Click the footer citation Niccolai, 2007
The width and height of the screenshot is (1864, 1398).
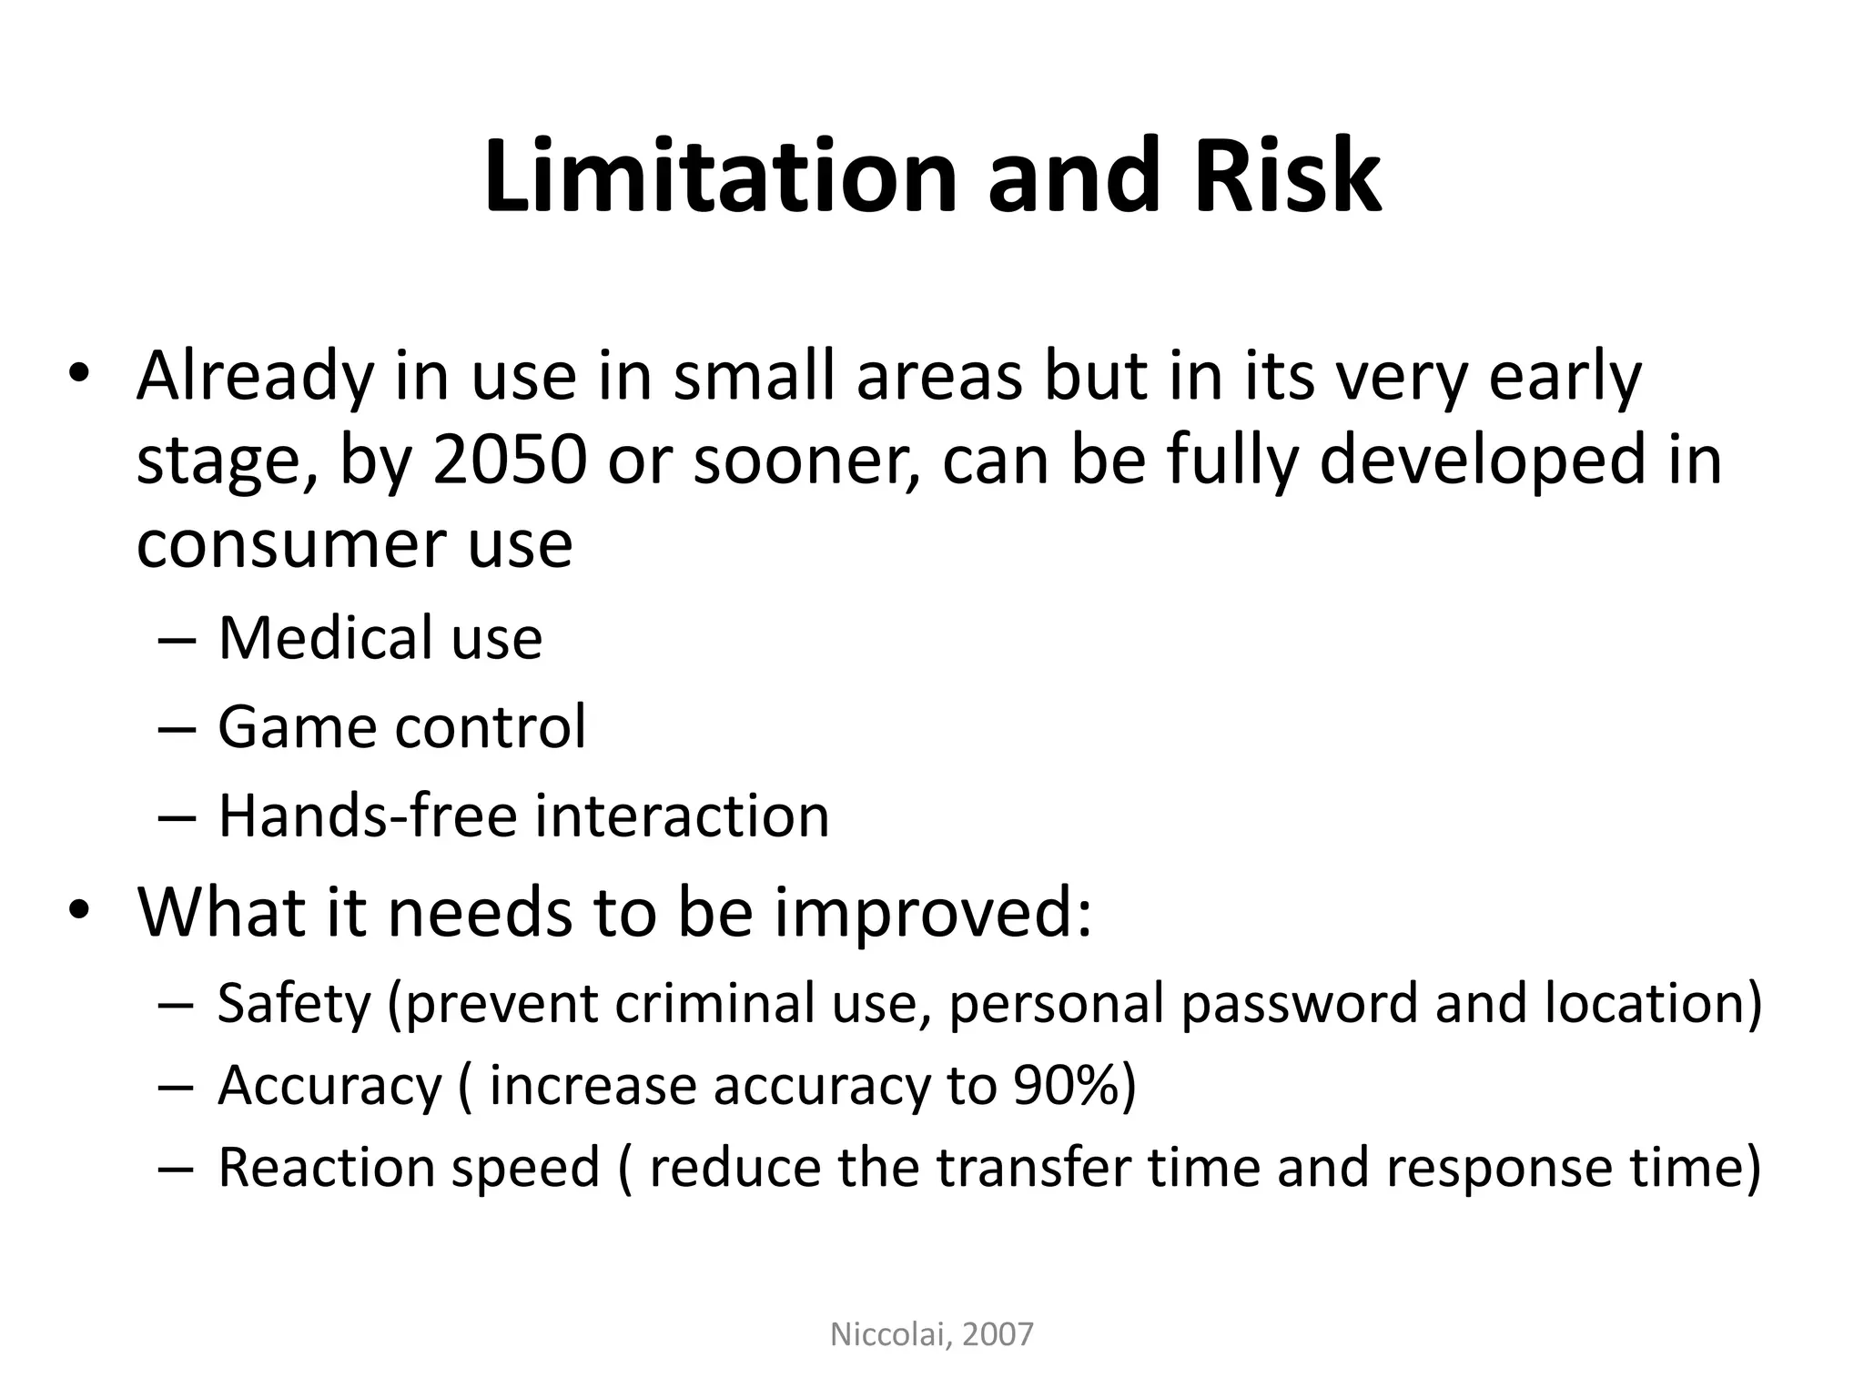(x=932, y=1334)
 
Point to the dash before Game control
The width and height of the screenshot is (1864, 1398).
(x=176, y=728)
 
